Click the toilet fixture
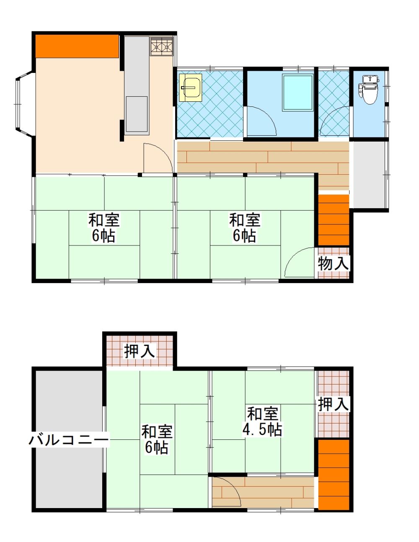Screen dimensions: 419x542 pyautogui.click(x=370, y=90)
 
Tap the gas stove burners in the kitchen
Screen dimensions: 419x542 pyautogui.click(x=161, y=46)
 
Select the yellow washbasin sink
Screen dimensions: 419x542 pyautogui.click(x=191, y=88)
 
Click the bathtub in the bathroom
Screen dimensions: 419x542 pyautogui.click(x=297, y=93)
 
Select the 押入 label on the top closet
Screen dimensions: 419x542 pyautogui.click(x=140, y=351)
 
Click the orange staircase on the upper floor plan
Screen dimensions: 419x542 pyautogui.click(x=334, y=220)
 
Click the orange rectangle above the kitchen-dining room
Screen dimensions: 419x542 pyautogui.click(x=77, y=46)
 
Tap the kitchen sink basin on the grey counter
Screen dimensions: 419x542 pyautogui.click(x=137, y=114)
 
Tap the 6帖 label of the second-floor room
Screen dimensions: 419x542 pyautogui.click(x=157, y=455)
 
